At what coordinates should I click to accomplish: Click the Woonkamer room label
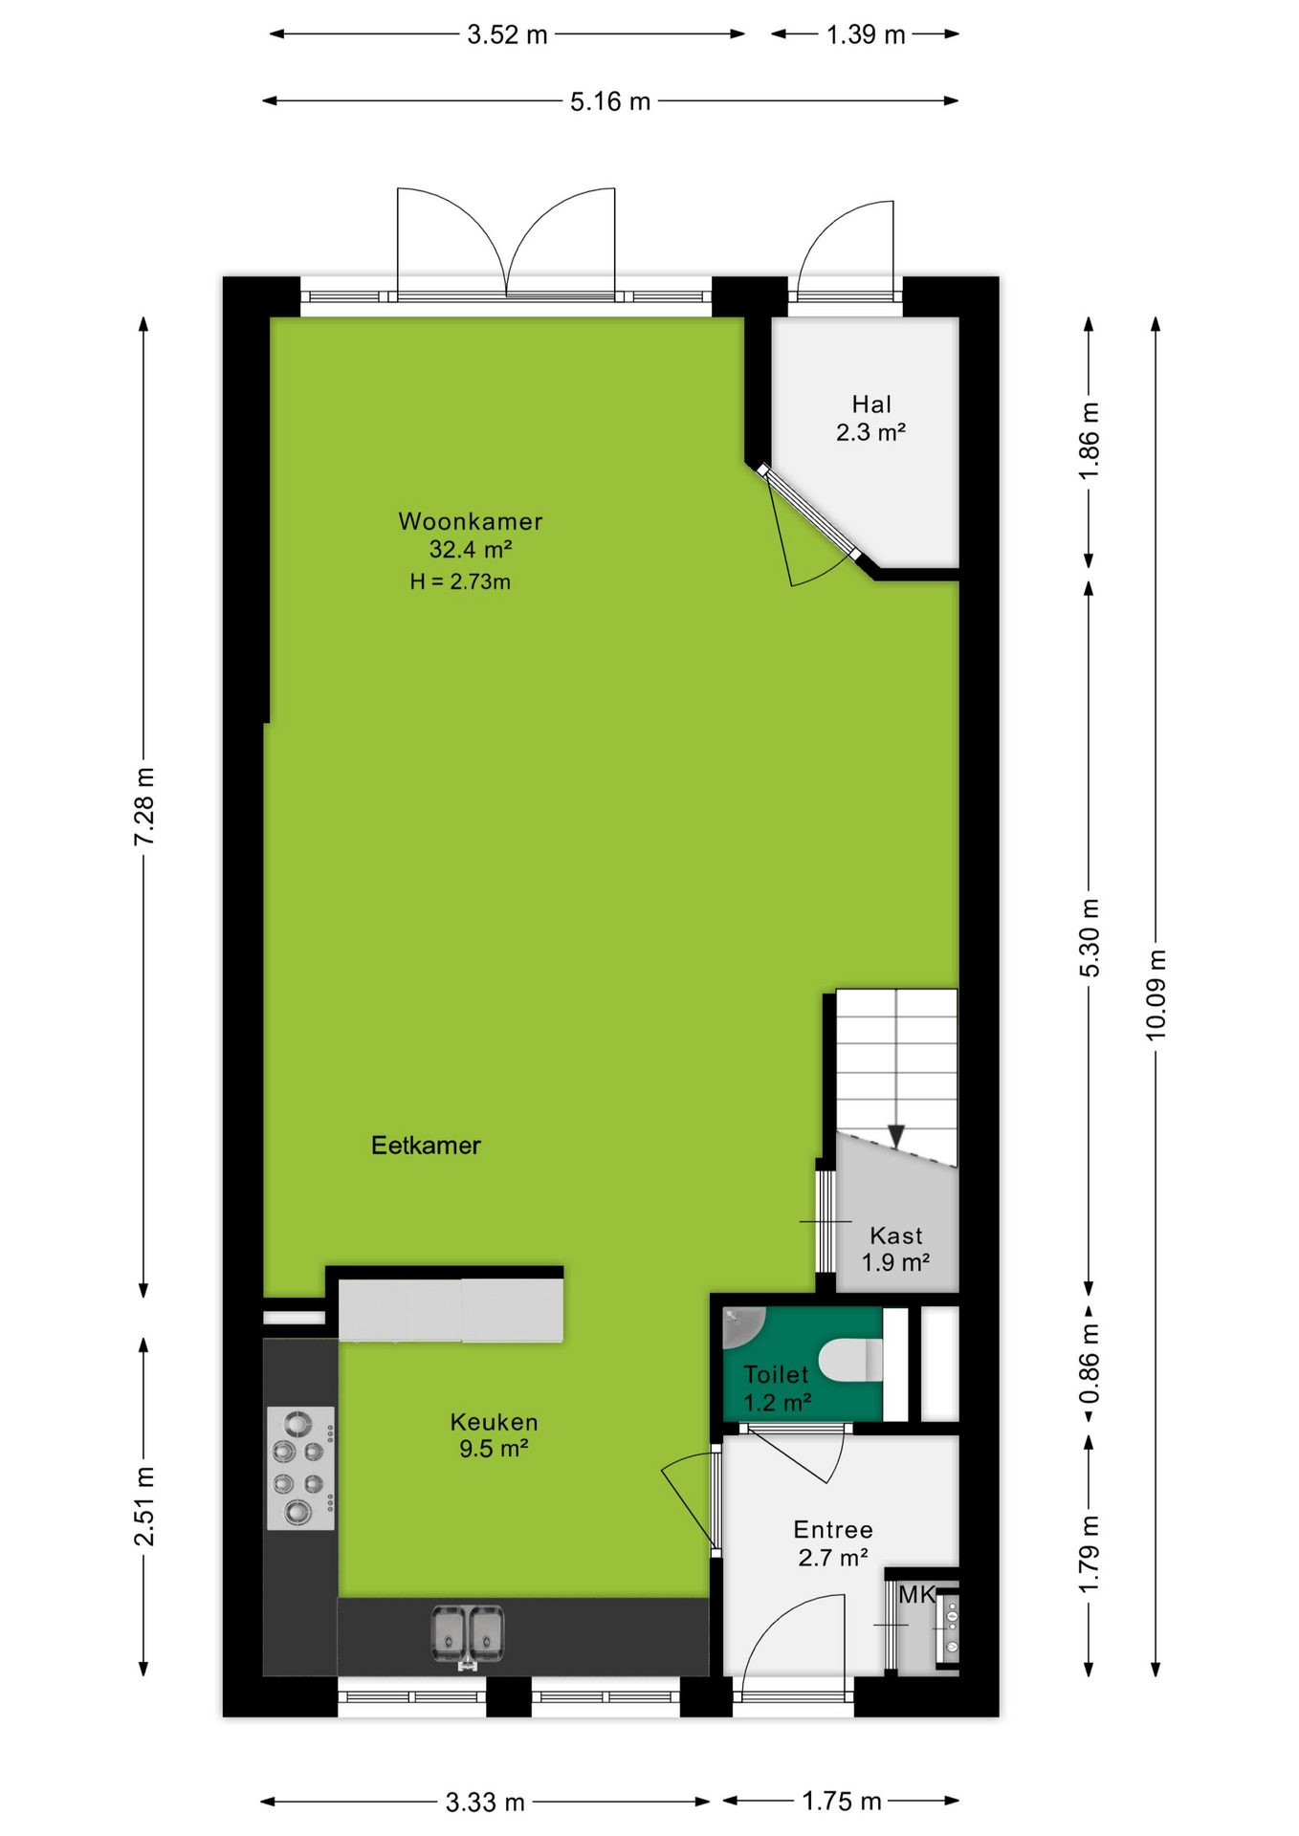pyautogui.click(x=471, y=521)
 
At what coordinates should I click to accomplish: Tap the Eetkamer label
pyautogui.click(x=426, y=1145)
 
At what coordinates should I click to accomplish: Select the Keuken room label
pyautogui.click(x=494, y=1422)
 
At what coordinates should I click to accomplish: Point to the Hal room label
pyautogui.click(x=871, y=404)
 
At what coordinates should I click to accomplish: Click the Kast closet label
pyautogui.click(x=896, y=1235)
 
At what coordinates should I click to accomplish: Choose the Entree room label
pyautogui.click(x=833, y=1529)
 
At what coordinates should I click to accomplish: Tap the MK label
pyautogui.click(x=916, y=1594)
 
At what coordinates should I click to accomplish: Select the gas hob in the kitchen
pyautogui.click(x=300, y=1468)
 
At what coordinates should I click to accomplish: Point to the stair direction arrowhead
pyautogui.click(x=896, y=1136)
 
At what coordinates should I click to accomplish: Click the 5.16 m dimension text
pyautogui.click(x=610, y=101)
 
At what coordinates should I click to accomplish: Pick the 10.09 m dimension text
pyautogui.click(x=1156, y=994)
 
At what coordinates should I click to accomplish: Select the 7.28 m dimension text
pyautogui.click(x=143, y=806)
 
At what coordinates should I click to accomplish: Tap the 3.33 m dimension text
pyautogui.click(x=485, y=1803)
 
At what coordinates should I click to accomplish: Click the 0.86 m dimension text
pyautogui.click(x=1089, y=1364)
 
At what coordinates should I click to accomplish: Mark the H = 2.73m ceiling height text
pyautogui.click(x=460, y=581)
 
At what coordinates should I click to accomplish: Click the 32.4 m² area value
pyautogui.click(x=471, y=549)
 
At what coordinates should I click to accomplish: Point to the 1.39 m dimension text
pyautogui.click(x=866, y=34)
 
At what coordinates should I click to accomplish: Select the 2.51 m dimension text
pyautogui.click(x=143, y=1506)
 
